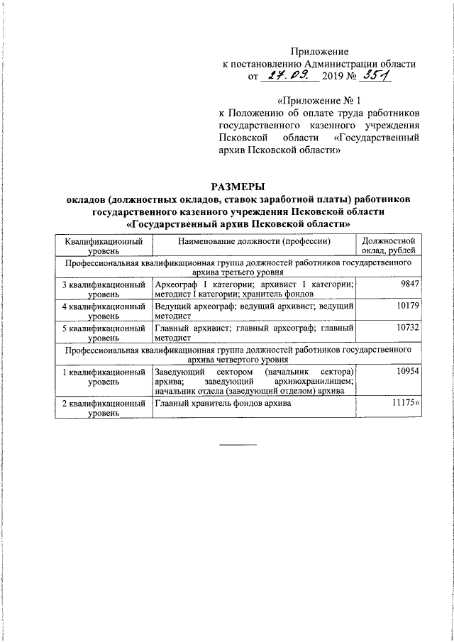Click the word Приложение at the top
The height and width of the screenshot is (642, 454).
321,51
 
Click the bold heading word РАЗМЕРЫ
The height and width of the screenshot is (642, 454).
238,187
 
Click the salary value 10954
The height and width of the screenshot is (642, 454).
407,372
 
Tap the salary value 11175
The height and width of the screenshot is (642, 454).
406,403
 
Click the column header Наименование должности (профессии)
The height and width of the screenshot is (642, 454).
255,242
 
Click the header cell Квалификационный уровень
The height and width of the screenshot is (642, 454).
104,246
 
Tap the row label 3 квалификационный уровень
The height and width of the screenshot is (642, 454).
104,289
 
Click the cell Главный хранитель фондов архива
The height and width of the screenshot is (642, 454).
223,404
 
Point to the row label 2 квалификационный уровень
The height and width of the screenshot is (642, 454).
104,408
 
